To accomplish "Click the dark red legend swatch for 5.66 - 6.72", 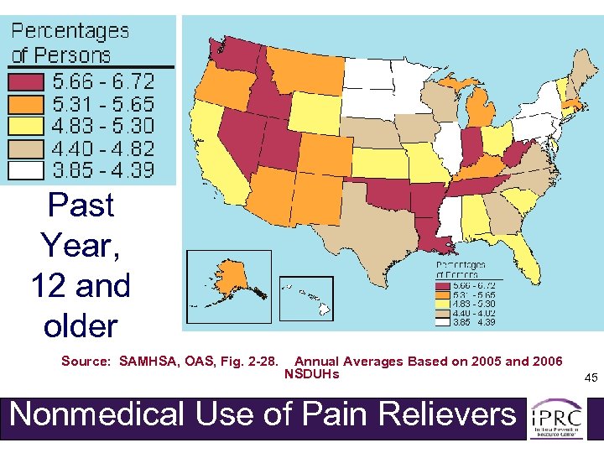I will (27, 81).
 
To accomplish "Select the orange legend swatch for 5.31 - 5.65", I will (27, 104).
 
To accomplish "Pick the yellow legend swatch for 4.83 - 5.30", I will (27, 127).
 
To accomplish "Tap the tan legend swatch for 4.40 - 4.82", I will (27, 148).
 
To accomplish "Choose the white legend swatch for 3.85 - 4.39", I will (27, 170).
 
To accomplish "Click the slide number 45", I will (591, 378).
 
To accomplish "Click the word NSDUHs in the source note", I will (312, 374).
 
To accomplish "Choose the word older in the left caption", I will (81, 326).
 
